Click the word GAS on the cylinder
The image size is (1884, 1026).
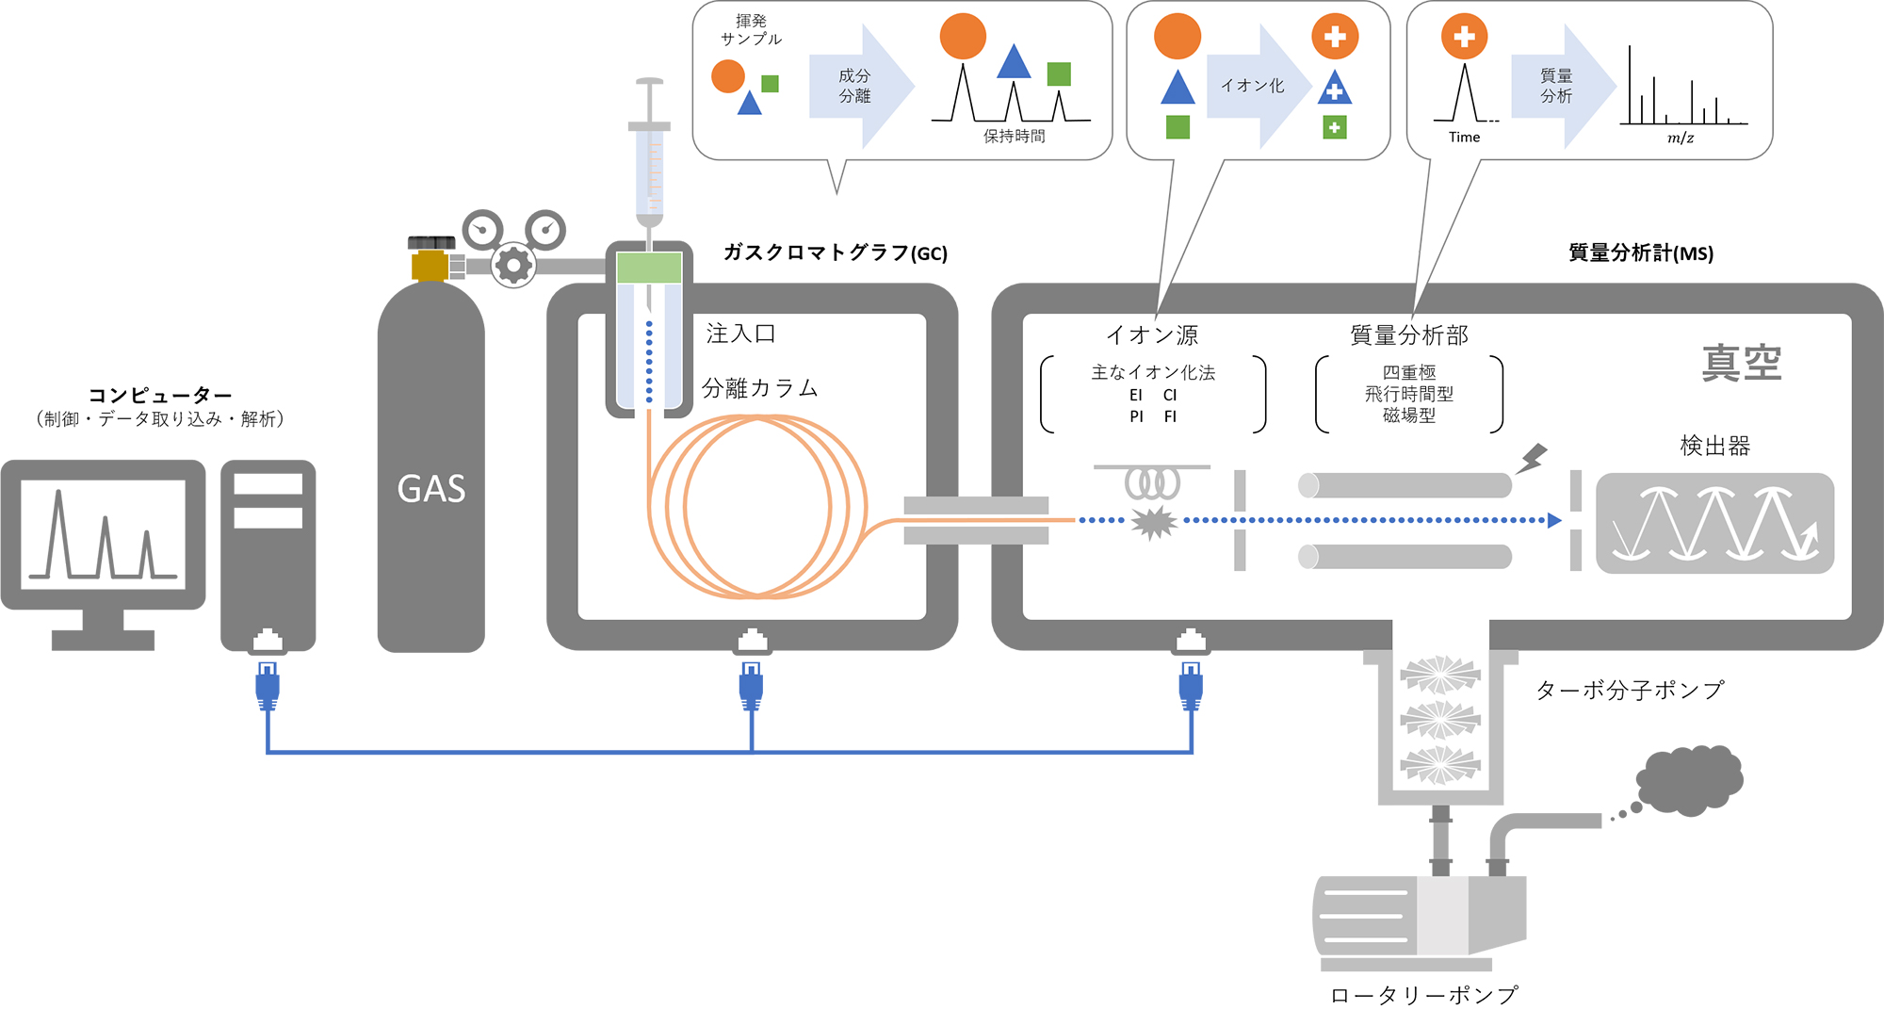point(431,489)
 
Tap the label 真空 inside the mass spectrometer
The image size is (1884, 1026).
point(1742,364)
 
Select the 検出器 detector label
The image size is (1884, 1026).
point(1714,446)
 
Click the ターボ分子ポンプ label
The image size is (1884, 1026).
point(1630,690)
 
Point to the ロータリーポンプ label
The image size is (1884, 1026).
point(1424,995)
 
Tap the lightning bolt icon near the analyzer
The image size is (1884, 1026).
point(1532,458)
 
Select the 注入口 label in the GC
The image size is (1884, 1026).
point(741,334)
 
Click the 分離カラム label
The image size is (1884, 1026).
point(760,388)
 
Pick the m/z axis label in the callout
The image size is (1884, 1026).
point(1681,138)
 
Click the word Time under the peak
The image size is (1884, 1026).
point(1464,138)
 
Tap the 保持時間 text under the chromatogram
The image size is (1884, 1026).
point(1015,137)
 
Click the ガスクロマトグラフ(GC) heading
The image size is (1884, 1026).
point(836,252)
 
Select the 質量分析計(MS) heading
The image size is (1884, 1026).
point(1641,252)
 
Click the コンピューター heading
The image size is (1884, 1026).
point(160,395)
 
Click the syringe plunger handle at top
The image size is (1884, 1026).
point(650,82)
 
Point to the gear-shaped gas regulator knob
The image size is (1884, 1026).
point(513,266)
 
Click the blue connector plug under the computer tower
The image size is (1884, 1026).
point(268,687)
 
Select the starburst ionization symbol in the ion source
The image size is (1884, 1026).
point(1154,521)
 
